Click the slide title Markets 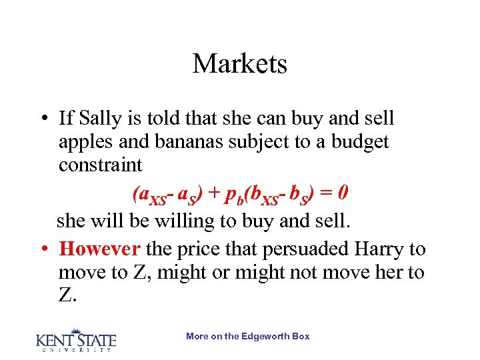coord(240,64)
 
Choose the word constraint coord(100,165)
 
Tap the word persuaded coord(289,250)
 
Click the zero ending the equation coord(342,194)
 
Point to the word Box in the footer coord(301,337)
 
